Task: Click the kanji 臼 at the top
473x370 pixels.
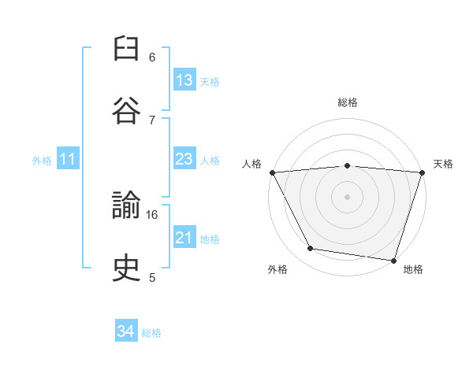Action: (x=126, y=48)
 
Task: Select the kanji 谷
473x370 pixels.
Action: (x=126, y=110)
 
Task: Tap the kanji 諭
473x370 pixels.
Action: (x=126, y=205)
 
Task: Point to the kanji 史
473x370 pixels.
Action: (x=126, y=268)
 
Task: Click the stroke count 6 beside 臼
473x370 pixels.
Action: (x=152, y=57)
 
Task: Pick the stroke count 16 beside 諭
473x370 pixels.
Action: (x=151, y=215)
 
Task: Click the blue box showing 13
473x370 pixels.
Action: (x=184, y=80)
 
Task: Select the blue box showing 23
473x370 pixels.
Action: (x=184, y=158)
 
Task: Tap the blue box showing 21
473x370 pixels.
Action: (x=184, y=236)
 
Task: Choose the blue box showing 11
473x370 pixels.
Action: (x=68, y=158)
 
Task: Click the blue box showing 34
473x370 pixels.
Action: (x=126, y=330)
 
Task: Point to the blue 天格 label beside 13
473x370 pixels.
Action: (x=210, y=82)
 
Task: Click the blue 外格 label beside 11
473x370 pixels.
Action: (x=42, y=161)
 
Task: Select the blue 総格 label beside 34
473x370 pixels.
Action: (x=151, y=333)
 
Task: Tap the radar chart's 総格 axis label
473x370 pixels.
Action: (x=348, y=102)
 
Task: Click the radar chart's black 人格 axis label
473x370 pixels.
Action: (x=251, y=164)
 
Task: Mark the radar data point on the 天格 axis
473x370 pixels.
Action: (x=423, y=172)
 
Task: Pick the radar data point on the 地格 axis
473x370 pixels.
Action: (x=393, y=261)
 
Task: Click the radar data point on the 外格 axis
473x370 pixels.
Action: (x=311, y=248)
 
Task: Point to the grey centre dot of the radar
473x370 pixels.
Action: (x=347, y=197)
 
